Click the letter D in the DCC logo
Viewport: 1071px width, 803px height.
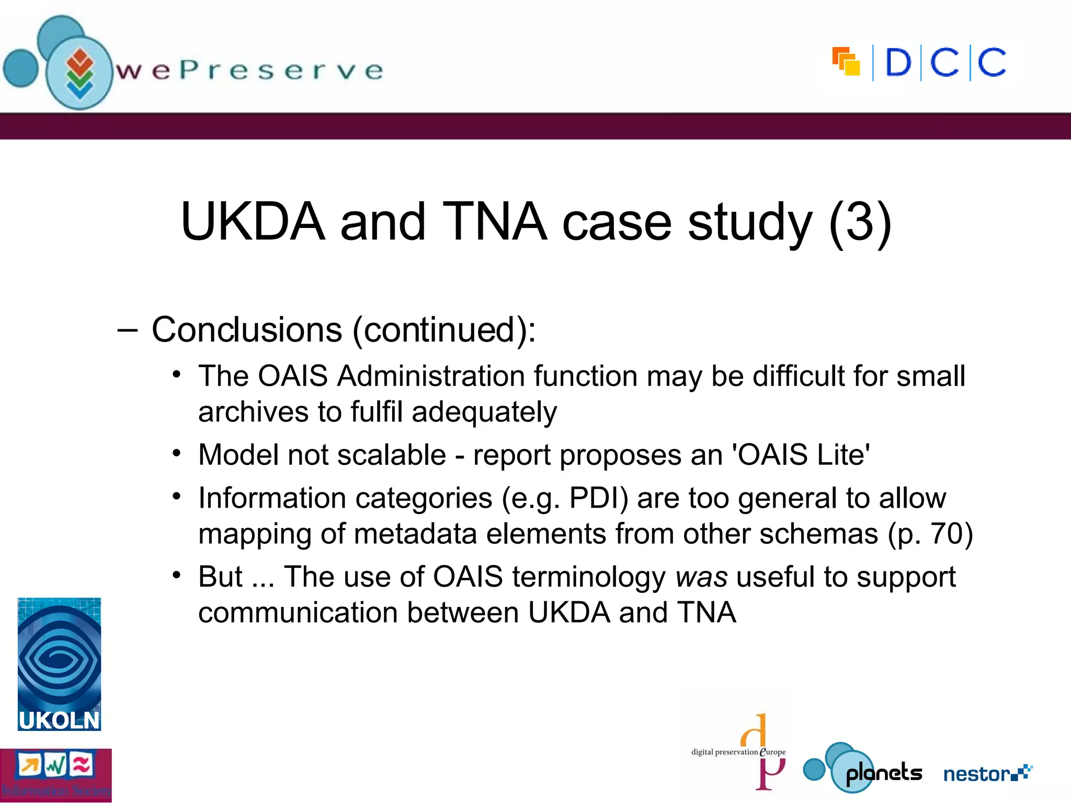coord(898,63)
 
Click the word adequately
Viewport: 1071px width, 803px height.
coord(484,412)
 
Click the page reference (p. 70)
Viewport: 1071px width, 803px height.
coord(930,534)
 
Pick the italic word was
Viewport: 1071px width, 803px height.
coord(701,577)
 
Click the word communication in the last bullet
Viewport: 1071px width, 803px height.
coord(298,613)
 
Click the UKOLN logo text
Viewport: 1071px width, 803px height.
coord(59,720)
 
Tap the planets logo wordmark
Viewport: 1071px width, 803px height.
coord(884,773)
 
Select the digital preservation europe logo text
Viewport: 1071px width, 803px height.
coord(738,752)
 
